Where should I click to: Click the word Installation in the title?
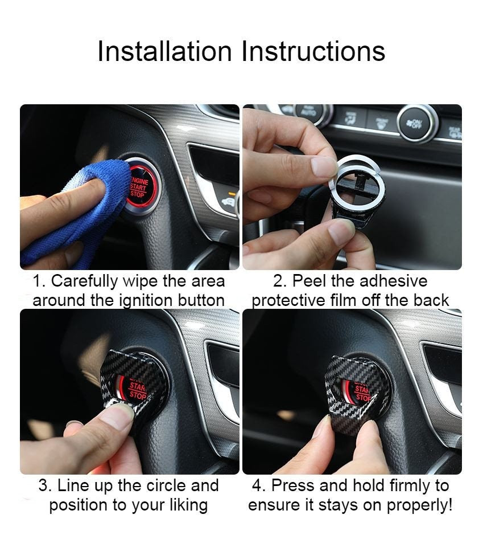tap(165, 51)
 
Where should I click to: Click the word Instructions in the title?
tap(313, 51)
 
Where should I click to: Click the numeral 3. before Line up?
tap(46, 486)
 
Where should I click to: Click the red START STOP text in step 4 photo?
tap(362, 394)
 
